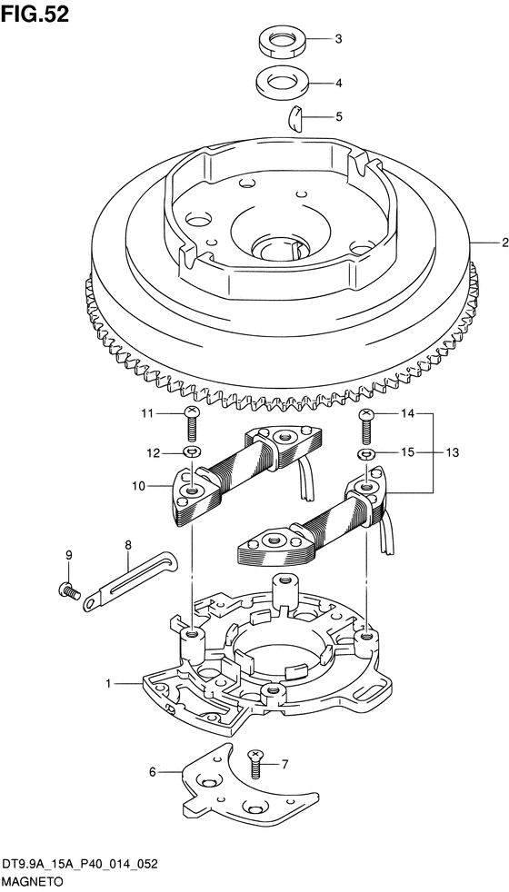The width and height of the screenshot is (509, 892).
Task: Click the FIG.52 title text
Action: [x=35, y=15]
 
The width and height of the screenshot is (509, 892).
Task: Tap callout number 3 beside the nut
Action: [x=338, y=39]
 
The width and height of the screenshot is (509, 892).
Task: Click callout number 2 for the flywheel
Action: [x=504, y=243]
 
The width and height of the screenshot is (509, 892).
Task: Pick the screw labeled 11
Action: [x=192, y=424]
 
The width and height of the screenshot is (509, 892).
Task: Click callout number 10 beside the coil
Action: [x=138, y=486]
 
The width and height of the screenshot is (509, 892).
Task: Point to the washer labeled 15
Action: [x=366, y=454]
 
